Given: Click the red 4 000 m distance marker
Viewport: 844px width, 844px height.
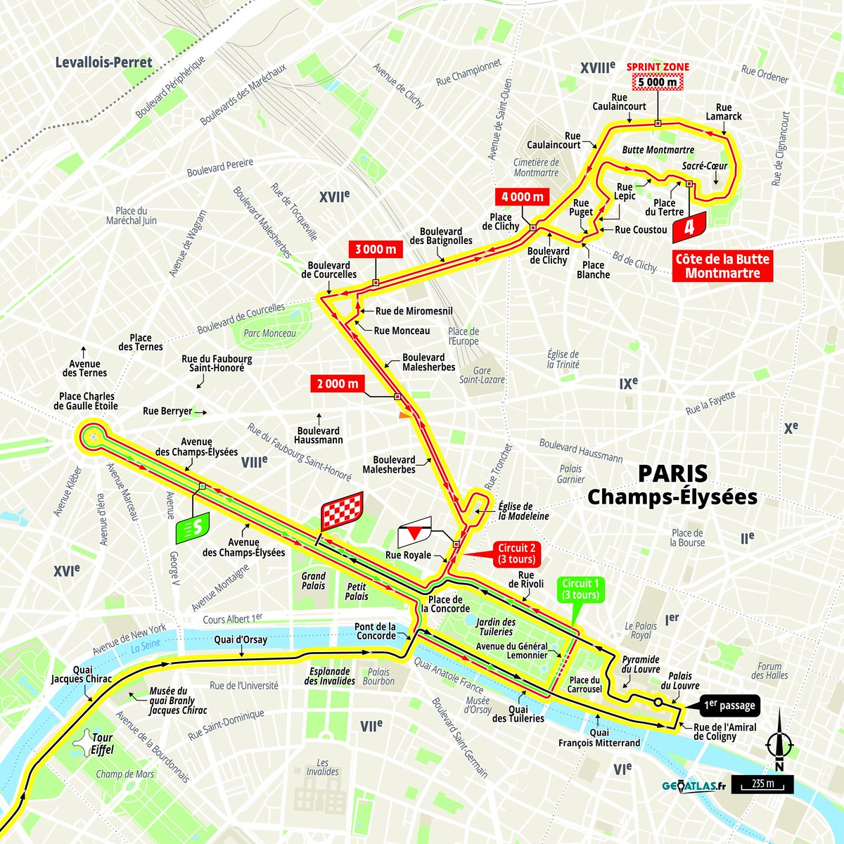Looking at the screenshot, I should point(521,197).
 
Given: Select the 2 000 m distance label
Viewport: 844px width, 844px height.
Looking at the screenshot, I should point(338,383).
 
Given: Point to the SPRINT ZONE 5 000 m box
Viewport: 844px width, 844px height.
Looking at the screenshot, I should point(658,82).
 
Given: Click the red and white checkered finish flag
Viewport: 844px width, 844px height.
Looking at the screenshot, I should point(342,511).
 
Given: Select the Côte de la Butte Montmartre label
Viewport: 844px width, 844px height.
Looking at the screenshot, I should point(722,267).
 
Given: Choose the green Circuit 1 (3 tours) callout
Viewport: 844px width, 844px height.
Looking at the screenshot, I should point(581,589).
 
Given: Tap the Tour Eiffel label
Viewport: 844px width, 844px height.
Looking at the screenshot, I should point(102,743).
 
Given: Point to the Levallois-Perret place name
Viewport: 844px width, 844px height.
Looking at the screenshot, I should point(104,63).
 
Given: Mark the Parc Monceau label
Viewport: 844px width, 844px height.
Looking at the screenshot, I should point(269,333).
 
